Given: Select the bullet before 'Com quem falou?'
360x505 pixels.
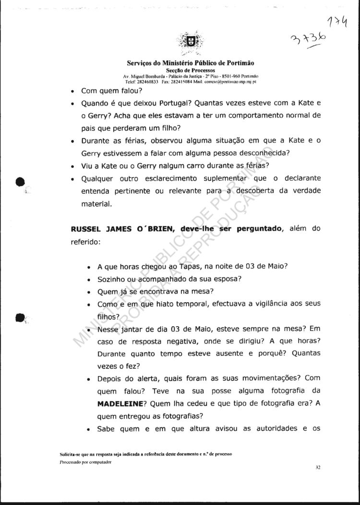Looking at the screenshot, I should click(x=72, y=91).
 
